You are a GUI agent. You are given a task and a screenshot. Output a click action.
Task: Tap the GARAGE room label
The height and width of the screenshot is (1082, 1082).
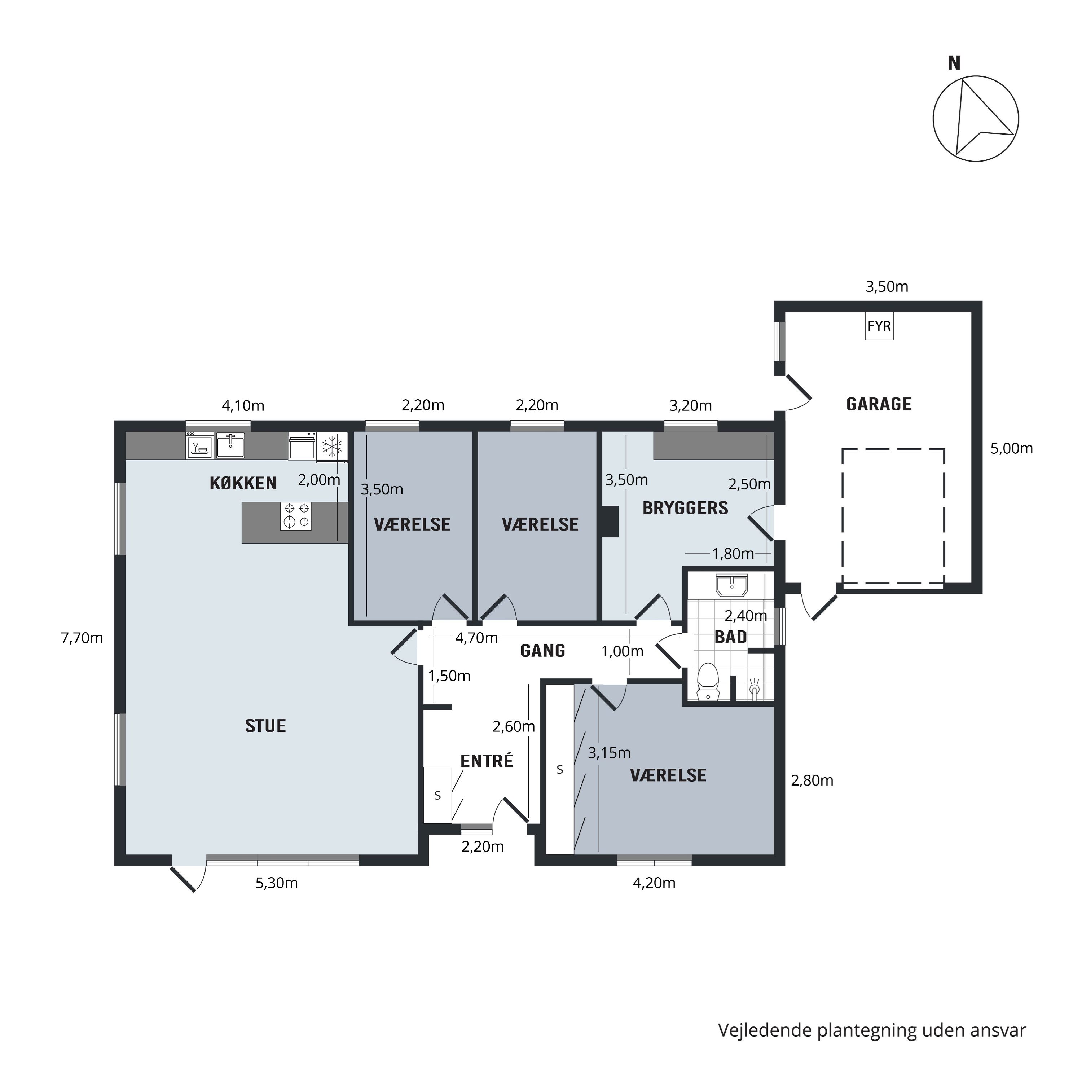pos(879,404)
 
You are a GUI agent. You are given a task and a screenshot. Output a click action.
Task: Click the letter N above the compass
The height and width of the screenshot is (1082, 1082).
pos(954,63)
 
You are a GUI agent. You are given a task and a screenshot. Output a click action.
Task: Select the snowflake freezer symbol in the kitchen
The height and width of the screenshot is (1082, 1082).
pos(332,447)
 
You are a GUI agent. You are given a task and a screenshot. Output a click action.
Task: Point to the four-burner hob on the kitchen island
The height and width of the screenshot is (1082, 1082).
pos(296,515)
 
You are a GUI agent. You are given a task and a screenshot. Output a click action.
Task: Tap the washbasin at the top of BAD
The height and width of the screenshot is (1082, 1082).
pos(731,585)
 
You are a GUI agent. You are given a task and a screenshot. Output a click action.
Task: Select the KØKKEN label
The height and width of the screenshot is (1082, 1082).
pos(243,483)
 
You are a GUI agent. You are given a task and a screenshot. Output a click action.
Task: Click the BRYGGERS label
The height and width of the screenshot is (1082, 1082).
pos(686,507)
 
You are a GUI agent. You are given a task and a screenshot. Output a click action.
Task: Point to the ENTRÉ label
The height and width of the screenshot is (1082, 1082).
pos(487,761)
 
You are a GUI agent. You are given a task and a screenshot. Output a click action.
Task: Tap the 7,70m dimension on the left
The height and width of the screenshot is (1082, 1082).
pos(82,638)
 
